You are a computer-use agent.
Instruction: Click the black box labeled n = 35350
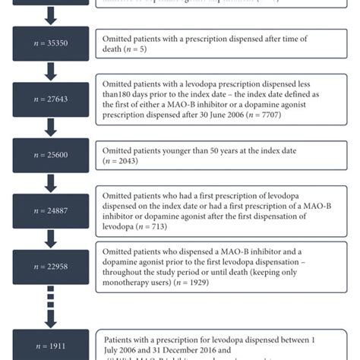(49, 45)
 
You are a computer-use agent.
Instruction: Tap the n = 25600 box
(49, 155)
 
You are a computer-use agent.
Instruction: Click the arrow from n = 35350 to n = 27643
(49, 71)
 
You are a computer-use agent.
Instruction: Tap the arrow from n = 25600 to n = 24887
(49, 182)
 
